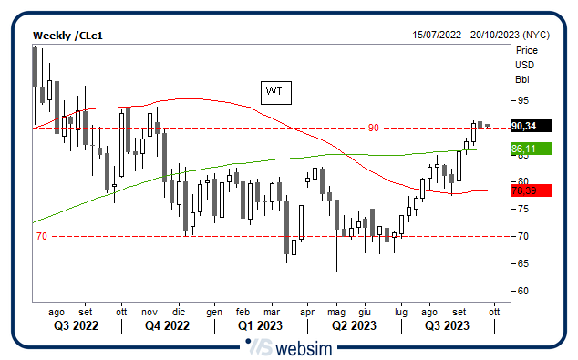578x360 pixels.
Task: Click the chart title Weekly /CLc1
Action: pyautogui.click(x=67, y=35)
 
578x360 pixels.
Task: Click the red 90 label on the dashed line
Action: pyautogui.click(x=373, y=128)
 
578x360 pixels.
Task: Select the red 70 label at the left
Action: pyautogui.click(x=41, y=237)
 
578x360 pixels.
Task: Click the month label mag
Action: pyautogui.click(x=336, y=310)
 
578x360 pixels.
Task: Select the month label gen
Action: pyautogui.click(x=214, y=310)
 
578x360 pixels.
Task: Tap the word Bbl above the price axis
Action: pyautogui.click(x=522, y=78)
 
